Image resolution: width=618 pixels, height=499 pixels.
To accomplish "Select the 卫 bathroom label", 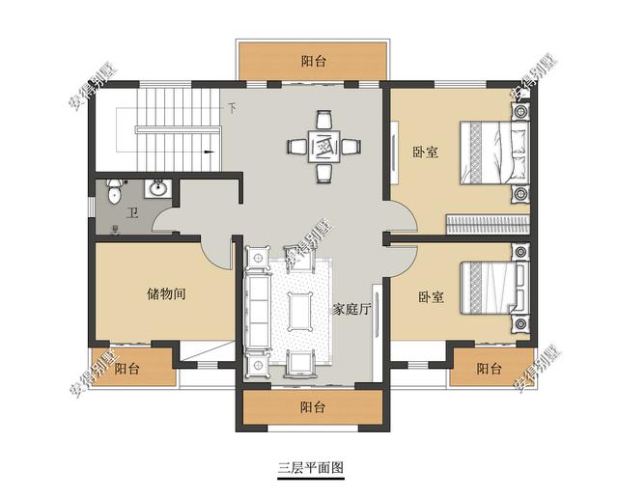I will click(x=132, y=214).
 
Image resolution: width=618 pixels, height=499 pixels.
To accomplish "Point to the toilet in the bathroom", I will click(x=114, y=192).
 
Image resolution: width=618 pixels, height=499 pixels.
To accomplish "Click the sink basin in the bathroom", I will click(x=155, y=188).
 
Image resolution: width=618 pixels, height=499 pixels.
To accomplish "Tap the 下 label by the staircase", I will click(x=232, y=107).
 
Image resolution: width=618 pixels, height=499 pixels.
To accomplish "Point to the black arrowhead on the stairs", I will click(x=209, y=152).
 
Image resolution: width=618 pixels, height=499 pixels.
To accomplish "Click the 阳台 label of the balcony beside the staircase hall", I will click(x=313, y=62).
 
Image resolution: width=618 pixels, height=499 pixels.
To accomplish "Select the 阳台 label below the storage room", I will click(x=126, y=369).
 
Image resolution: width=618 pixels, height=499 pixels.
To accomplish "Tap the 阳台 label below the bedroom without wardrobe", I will click(x=489, y=369).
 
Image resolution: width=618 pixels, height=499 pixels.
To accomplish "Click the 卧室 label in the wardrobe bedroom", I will click(x=426, y=152).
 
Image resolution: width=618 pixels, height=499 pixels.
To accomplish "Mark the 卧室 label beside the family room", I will click(x=432, y=297).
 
